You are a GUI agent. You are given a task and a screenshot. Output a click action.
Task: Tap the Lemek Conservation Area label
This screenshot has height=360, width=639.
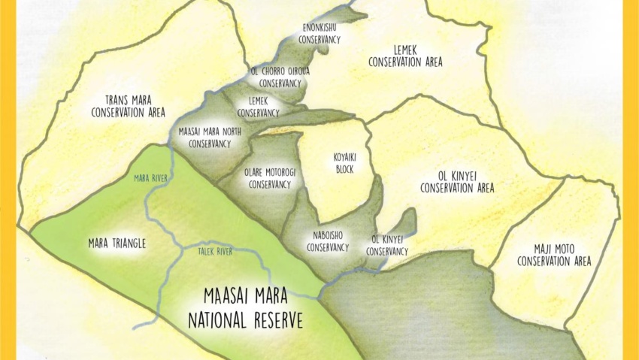[x=405, y=56]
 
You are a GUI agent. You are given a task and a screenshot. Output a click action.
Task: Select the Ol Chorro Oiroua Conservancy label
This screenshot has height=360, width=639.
[x=280, y=77]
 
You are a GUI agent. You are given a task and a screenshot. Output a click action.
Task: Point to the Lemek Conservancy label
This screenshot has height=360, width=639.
[x=258, y=107]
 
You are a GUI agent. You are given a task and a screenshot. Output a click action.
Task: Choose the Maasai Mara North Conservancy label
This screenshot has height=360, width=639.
[x=210, y=136]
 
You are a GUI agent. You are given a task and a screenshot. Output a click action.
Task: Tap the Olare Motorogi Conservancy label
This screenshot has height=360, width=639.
[x=269, y=177]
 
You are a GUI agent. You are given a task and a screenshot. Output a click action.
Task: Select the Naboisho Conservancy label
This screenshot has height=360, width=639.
[x=328, y=241]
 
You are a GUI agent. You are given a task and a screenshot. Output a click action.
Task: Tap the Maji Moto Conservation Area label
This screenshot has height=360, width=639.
[x=554, y=255]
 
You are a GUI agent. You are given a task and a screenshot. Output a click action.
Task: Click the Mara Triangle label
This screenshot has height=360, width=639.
[x=116, y=244]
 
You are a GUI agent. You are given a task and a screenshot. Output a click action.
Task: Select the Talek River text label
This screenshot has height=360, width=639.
[x=215, y=252]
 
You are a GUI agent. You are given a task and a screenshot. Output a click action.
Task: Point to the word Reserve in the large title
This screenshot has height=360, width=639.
[x=272, y=320]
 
